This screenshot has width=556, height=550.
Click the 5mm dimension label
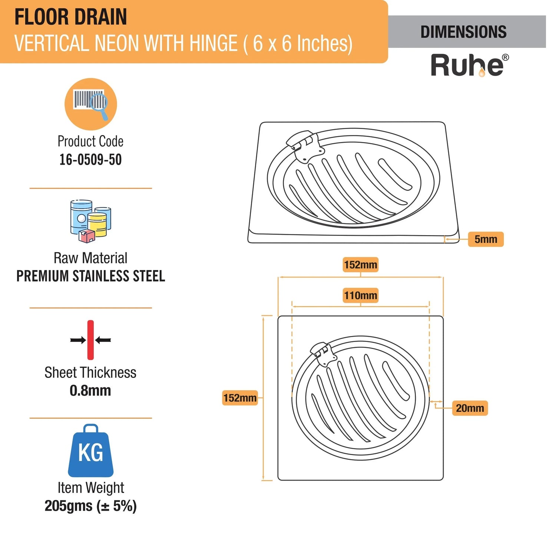point(486,239)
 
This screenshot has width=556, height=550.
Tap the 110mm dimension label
point(360,296)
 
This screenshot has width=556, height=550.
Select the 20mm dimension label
point(470,408)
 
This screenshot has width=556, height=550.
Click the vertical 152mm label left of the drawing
point(240,398)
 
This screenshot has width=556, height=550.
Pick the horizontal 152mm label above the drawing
point(360,265)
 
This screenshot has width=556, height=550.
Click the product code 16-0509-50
point(90,159)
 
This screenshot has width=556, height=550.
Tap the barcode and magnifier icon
point(91,104)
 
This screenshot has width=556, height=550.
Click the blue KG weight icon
point(91,451)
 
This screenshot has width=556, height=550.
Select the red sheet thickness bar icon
point(90,340)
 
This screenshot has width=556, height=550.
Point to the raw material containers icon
point(90,221)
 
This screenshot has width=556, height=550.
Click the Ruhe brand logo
point(467,66)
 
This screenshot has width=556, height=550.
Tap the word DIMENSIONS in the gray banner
point(463,32)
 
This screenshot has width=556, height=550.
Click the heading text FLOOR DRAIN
point(70,17)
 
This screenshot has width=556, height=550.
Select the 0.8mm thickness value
point(90,391)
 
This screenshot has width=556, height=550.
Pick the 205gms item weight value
point(90,506)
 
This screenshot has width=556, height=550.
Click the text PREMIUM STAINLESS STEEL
point(91,276)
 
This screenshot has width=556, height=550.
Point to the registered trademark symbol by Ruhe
point(505,57)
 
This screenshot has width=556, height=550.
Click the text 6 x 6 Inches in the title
point(302,43)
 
